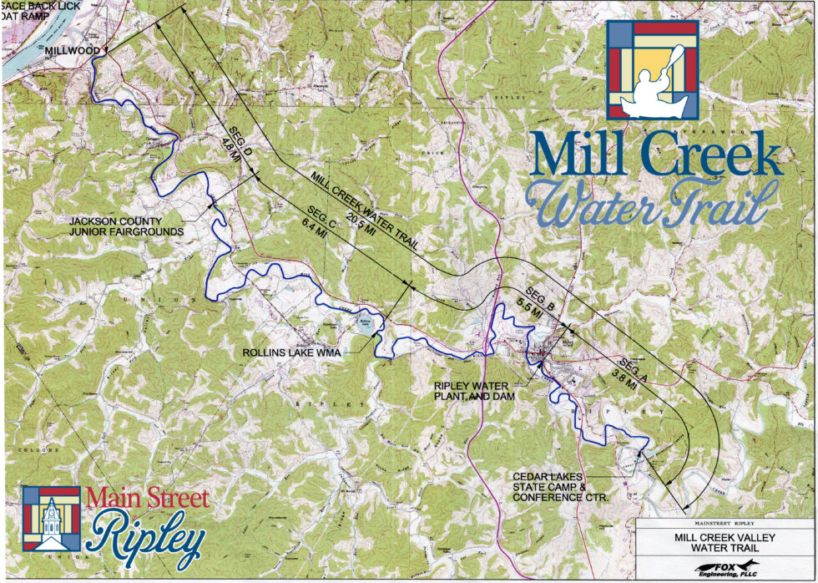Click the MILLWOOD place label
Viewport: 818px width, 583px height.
coord(73,51)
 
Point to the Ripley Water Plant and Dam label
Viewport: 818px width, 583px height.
coord(476,392)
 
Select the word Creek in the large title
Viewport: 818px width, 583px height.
coord(714,155)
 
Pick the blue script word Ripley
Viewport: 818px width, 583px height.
coord(149,538)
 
